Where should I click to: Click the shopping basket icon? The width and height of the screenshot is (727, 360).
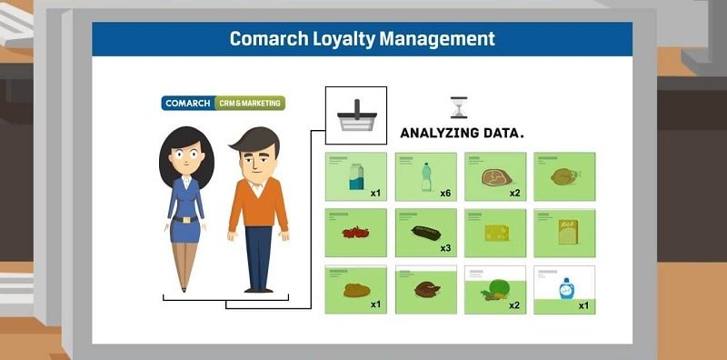pyautogui.click(x=355, y=116)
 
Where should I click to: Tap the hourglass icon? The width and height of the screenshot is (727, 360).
pyautogui.click(x=459, y=108)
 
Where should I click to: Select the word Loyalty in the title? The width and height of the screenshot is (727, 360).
pyautogui.click(x=339, y=39)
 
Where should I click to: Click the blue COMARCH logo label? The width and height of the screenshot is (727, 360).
pyautogui.click(x=188, y=104)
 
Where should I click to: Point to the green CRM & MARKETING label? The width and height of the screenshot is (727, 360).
pyautogui.click(x=250, y=104)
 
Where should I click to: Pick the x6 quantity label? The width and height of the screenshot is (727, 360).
pyautogui.click(x=445, y=193)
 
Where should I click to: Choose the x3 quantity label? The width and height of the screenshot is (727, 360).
pyautogui.click(x=445, y=248)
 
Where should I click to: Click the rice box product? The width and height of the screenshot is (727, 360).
pyautogui.click(x=564, y=232)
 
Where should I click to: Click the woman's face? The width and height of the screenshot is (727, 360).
pyautogui.click(x=184, y=156)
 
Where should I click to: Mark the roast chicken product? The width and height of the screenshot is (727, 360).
pyautogui.click(x=564, y=176)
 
